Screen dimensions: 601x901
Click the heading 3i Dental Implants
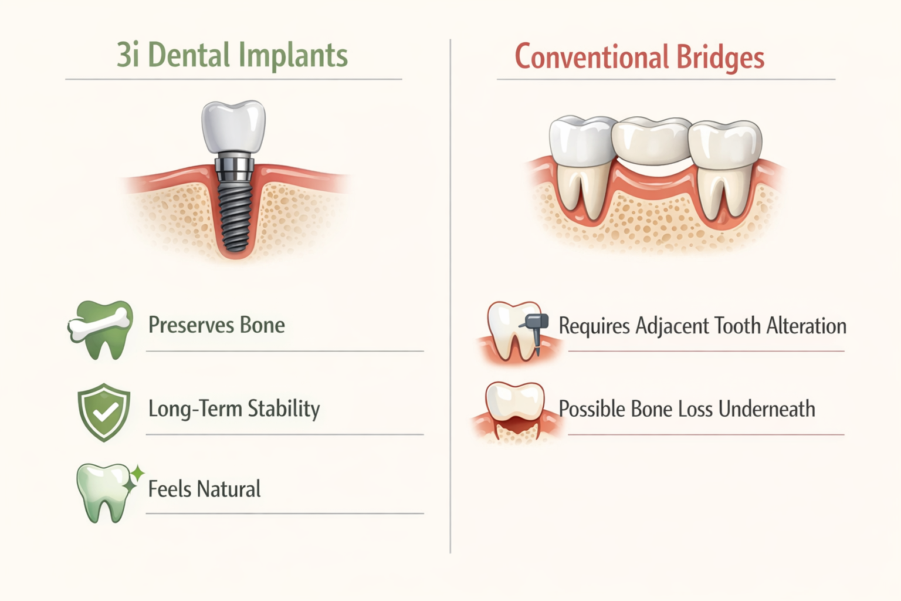click(x=232, y=56)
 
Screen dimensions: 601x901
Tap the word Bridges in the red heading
click(x=720, y=58)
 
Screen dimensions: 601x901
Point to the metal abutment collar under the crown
click(x=234, y=167)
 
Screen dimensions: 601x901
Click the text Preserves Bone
click(x=216, y=325)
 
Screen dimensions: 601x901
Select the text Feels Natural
click(x=204, y=489)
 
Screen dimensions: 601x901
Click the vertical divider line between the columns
click(x=450, y=293)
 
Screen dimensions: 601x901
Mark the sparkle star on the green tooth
click(x=136, y=473)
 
